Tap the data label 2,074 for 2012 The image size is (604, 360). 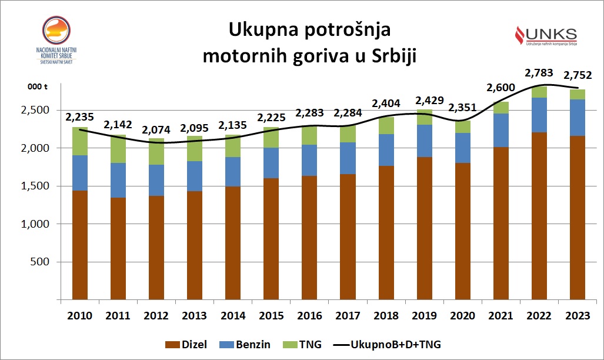coord(156,128)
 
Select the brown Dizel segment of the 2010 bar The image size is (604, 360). coord(80,245)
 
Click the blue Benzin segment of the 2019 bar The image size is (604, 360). coord(425,141)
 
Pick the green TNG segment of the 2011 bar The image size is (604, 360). coord(118,148)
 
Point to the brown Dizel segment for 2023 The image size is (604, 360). coord(578,218)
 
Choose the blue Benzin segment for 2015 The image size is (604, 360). coord(271,163)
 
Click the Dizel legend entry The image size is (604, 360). coord(186,344)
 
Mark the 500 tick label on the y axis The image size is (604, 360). coord(42,262)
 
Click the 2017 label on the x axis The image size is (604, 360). coord(348,316)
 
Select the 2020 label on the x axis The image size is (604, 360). coord(463,316)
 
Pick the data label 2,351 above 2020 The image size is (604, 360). coord(463,108)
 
